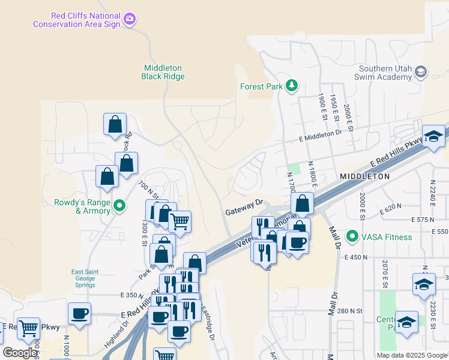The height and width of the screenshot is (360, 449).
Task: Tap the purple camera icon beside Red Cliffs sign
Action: click(129, 20)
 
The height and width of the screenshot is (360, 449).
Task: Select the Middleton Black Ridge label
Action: click(163, 72)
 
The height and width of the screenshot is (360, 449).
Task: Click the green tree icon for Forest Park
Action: click(292, 86)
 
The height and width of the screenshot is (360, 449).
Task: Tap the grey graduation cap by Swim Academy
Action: click(421, 72)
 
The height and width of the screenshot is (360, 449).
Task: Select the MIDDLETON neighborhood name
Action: click(364, 176)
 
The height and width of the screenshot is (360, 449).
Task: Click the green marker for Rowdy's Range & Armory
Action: click(119, 206)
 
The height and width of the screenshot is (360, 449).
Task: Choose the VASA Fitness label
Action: click(387, 237)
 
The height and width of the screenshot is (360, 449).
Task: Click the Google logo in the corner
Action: click(20, 353)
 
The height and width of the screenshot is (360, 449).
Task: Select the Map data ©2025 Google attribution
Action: click(411, 355)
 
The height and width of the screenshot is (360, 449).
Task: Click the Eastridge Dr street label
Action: click(206, 324)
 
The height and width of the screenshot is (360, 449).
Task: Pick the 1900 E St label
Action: click(322, 106)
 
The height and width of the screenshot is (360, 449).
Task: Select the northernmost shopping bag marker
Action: click(115, 125)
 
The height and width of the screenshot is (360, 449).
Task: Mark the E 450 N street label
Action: click(358, 257)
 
